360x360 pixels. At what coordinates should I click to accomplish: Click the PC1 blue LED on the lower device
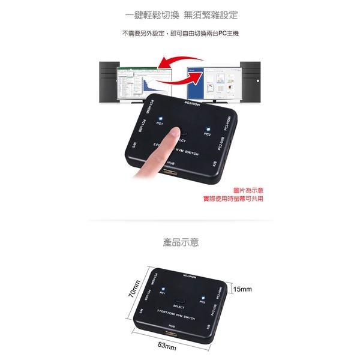point(162,288)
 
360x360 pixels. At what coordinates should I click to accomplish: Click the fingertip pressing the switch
point(174,133)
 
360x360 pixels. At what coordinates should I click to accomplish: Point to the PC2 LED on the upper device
point(207,128)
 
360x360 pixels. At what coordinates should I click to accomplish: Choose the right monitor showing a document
point(211,84)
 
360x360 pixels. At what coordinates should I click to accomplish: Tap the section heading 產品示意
point(181,243)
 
